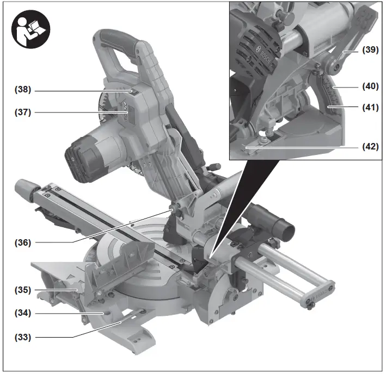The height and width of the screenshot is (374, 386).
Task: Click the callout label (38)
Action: (x=23, y=89)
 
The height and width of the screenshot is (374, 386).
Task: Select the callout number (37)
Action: (x=23, y=113)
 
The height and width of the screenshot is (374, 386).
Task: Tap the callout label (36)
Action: (x=23, y=242)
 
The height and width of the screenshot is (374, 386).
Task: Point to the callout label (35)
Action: (x=23, y=290)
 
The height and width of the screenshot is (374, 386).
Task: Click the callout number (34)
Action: (x=23, y=313)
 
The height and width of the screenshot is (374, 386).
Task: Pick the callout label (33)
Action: (x=23, y=337)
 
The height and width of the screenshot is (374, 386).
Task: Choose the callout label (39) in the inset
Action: (x=371, y=50)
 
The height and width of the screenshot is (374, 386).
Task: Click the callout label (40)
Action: (x=371, y=86)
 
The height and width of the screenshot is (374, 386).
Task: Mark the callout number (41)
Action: (x=371, y=107)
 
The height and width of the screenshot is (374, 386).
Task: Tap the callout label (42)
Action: (x=371, y=146)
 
